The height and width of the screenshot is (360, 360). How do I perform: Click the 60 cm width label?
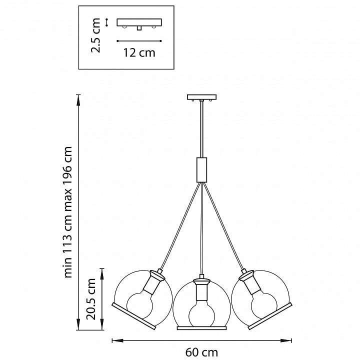tap(201, 352)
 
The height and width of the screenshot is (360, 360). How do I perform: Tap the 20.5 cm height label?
tap(92, 298)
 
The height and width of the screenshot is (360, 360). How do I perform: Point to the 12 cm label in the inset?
tap(139, 52)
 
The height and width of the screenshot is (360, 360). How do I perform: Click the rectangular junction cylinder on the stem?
tap(201, 169)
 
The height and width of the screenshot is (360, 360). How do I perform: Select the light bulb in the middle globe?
tap(201, 309)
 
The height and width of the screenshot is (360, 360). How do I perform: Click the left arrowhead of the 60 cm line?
tap(113, 340)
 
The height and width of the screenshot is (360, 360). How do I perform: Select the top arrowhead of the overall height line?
tap(78, 97)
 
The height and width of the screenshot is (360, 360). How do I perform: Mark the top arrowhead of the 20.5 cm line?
tap(102, 269)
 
